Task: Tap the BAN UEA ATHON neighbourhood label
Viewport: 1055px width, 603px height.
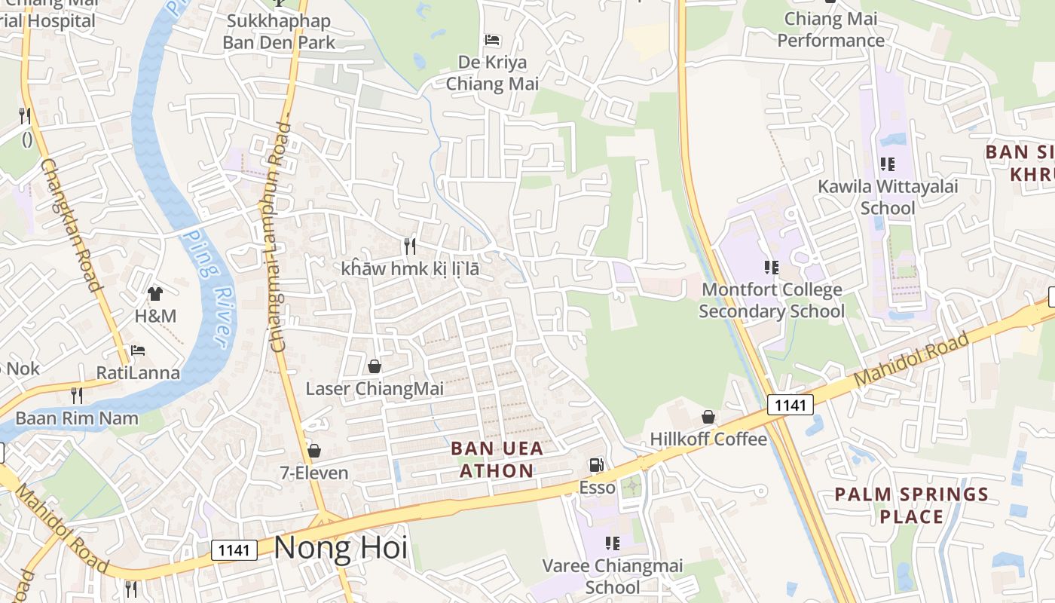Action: click(497, 460)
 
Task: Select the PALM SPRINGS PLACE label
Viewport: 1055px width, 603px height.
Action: click(911, 506)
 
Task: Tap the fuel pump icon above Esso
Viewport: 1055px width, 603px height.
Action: click(596, 466)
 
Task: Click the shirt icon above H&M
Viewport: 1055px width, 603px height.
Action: click(155, 293)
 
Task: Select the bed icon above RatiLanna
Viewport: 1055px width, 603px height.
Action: click(138, 350)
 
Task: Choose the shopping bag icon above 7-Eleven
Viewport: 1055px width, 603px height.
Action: click(314, 451)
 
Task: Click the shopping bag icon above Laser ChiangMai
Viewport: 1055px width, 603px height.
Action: click(374, 366)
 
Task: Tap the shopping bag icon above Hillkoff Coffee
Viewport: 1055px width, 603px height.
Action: click(708, 416)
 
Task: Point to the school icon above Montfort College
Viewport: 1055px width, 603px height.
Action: click(771, 267)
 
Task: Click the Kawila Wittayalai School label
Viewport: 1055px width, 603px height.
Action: click(888, 197)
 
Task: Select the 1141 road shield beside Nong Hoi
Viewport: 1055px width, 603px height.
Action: click(234, 550)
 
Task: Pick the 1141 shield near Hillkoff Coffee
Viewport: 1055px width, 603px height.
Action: click(790, 405)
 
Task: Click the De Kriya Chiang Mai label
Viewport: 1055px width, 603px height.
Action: click(493, 72)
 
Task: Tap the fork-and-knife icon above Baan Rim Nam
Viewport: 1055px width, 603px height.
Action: click(76, 395)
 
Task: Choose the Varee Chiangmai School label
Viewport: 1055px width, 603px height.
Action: click(613, 576)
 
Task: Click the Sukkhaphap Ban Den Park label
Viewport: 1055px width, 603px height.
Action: click(279, 31)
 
